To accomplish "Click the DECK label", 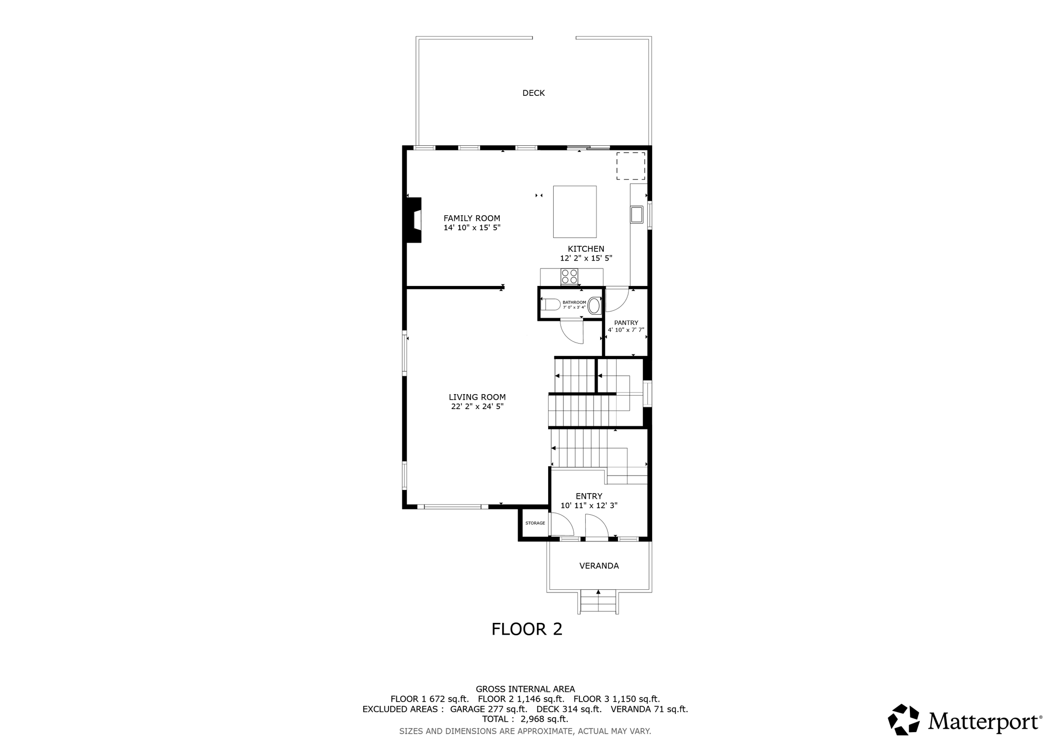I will (x=533, y=93).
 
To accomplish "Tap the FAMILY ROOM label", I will (x=471, y=218).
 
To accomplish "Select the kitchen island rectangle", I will (x=574, y=212).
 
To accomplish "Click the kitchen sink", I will (x=637, y=214).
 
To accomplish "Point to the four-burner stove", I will (x=569, y=277).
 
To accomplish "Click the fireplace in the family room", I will (x=414, y=220).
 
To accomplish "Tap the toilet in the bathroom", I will (x=552, y=304).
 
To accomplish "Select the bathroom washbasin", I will (x=594, y=306).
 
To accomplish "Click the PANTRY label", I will (x=626, y=323).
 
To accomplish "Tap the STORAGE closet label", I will (x=535, y=523).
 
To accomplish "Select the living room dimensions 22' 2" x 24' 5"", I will (x=477, y=406).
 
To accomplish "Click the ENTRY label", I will (x=589, y=496).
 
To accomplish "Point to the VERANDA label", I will (x=599, y=566).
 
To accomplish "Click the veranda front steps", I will (x=599, y=601).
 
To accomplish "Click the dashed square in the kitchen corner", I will (x=630, y=166).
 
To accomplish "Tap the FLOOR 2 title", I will (x=526, y=629).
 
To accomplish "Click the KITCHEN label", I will (x=586, y=249).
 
